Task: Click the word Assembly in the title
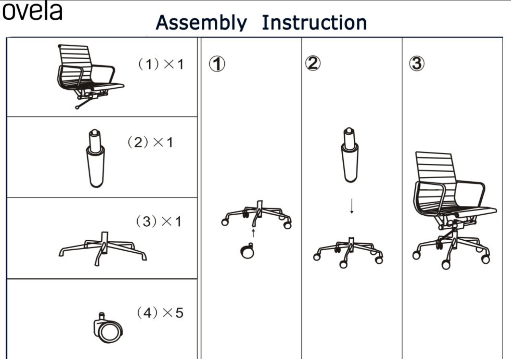click(201, 23)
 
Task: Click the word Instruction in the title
click(314, 23)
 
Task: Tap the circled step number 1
click(217, 64)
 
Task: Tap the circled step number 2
click(313, 63)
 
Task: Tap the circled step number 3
click(416, 63)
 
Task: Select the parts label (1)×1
click(161, 64)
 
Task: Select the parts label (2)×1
click(150, 143)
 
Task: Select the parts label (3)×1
click(159, 221)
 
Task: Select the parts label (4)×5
click(160, 313)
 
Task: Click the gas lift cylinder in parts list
click(96, 159)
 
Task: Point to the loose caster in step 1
click(247, 251)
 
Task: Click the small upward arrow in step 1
click(253, 233)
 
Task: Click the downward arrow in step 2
click(351, 206)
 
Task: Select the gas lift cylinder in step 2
click(349, 155)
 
